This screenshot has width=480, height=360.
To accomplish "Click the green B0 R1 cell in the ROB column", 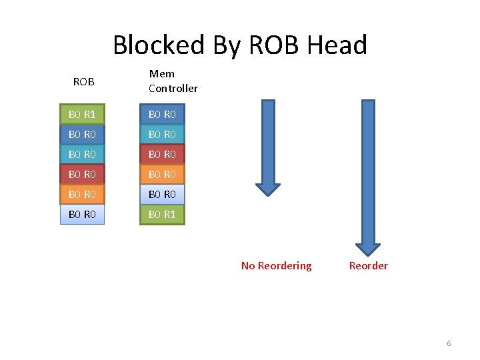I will [x=83, y=114].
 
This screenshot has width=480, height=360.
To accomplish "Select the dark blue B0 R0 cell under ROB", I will [x=83, y=134].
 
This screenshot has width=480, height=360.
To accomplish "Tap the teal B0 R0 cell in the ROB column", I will [x=83, y=154].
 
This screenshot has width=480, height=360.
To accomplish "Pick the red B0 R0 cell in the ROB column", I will [x=83, y=174].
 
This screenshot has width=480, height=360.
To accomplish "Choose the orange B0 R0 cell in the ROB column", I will [x=83, y=194].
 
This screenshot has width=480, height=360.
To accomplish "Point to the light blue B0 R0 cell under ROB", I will [x=83, y=214].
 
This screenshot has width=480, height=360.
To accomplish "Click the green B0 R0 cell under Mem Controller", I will [x=162, y=114].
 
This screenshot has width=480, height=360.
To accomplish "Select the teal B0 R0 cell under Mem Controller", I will [x=162, y=134].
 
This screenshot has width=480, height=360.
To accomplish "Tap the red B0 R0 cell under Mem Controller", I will [x=162, y=154].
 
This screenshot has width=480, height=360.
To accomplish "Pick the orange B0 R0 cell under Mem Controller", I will [x=162, y=174].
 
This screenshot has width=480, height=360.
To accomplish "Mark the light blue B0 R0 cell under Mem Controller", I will [x=162, y=194].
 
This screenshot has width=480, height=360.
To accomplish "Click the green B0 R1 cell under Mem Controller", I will [x=162, y=214].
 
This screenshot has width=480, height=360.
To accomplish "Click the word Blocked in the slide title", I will [x=159, y=45].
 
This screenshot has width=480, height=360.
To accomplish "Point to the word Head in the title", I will [x=337, y=45].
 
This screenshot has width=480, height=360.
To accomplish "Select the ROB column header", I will [x=83, y=82].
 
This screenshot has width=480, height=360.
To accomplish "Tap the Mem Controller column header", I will [x=173, y=81].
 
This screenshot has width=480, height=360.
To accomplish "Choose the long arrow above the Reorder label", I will [x=367, y=173].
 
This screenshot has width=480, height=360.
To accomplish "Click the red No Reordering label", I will [x=276, y=265].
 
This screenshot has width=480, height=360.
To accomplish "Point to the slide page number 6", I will [x=449, y=343].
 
